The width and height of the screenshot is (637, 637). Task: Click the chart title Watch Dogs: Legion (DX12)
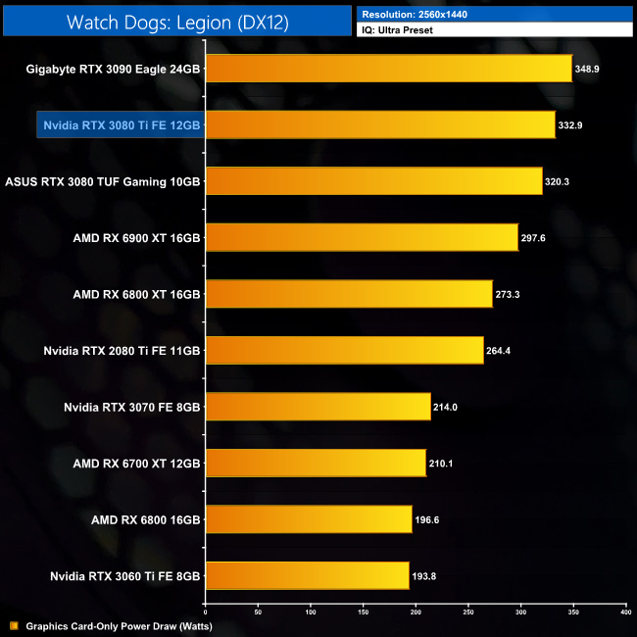[x=176, y=22]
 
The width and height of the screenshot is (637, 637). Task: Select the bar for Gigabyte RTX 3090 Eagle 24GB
[x=388, y=69]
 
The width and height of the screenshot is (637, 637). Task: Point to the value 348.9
[x=588, y=69]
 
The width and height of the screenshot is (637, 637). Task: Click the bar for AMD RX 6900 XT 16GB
[x=362, y=237]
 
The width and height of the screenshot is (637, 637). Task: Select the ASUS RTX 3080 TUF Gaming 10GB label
[x=103, y=181]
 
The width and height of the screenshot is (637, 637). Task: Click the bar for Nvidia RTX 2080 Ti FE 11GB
[x=344, y=350]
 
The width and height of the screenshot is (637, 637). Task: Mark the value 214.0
[x=445, y=407]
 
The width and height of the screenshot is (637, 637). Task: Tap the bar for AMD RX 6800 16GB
[x=309, y=519]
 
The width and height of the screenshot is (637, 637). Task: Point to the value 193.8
[x=423, y=575]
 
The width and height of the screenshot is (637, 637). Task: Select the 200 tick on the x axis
[x=416, y=612]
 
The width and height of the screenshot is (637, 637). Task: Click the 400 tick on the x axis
[x=625, y=612]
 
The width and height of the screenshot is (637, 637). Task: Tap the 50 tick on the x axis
[x=258, y=612]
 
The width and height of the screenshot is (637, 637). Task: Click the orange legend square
[x=14, y=625]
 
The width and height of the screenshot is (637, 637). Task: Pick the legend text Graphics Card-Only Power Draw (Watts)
[x=119, y=625]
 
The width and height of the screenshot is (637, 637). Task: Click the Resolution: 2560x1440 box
[x=495, y=15]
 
